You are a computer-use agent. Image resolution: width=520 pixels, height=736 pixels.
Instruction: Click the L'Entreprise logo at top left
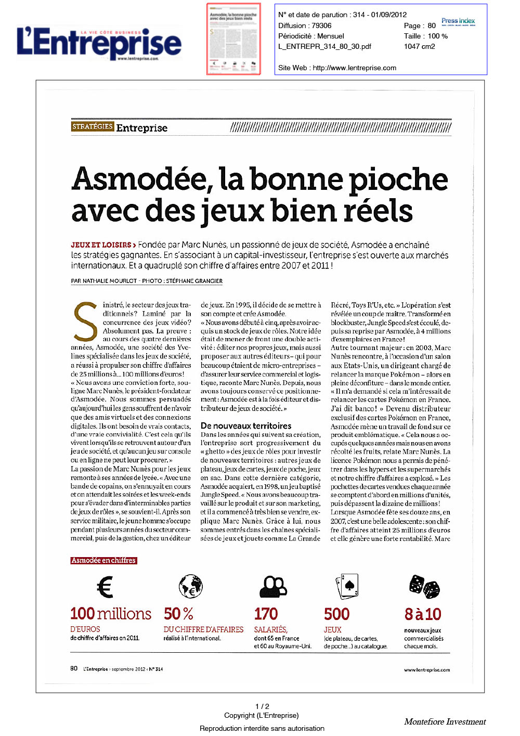tap(99, 43)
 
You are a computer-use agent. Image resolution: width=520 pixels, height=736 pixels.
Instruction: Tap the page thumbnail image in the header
tap(233, 39)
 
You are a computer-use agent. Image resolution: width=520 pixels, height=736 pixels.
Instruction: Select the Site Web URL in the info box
tap(354, 68)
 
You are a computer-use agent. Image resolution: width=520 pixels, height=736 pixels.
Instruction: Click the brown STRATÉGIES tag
tap(93, 126)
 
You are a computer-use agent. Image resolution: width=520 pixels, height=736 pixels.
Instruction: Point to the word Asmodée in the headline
tap(142, 179)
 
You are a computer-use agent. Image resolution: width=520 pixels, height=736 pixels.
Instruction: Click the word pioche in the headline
tap(398, 179)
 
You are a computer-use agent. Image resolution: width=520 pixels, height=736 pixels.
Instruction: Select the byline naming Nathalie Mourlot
tap(147, 281)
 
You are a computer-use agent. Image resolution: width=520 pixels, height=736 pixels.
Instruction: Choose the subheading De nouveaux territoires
tap(246, 425)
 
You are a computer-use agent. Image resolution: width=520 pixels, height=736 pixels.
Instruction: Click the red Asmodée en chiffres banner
tap(103, 560)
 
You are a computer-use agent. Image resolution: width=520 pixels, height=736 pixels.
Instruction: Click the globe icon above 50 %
tap(191, 587)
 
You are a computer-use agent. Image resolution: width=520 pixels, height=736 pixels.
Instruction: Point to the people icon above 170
tap(273, 587)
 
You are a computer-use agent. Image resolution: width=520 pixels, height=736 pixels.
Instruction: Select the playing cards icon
tap(347, 586)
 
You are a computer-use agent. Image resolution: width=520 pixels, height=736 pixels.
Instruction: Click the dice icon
tap(424, 587)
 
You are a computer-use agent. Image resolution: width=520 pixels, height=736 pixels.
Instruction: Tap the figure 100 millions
tap(111, 614)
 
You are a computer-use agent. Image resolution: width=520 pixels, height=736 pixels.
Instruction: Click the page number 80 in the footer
tap(74, 668)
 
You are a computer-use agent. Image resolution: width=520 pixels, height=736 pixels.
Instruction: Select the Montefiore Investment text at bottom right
tap(445, 722)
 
